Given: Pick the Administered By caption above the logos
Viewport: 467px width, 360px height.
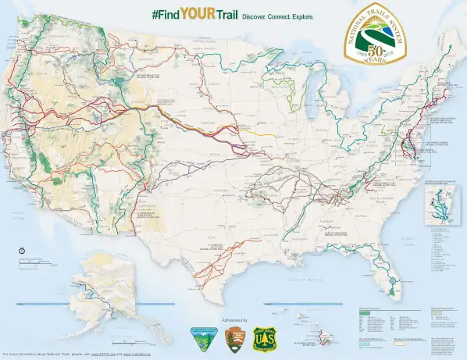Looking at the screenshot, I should (234, 320).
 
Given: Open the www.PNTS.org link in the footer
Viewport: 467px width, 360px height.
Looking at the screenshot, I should (105, 355).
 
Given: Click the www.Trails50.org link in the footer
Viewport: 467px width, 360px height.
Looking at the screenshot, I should (141, 355).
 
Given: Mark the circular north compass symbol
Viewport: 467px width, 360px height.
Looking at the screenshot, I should (21, 249).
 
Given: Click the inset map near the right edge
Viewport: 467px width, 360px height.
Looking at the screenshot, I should (442, 205).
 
